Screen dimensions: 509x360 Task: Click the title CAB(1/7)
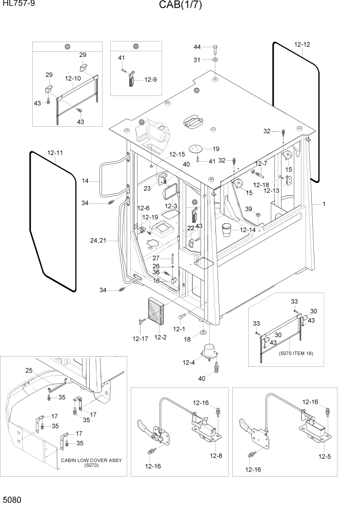click(x=179, y=6)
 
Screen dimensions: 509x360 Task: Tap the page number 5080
click(x=12, y=499)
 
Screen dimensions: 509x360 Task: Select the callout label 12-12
click(x=302, y=44)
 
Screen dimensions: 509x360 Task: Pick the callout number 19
click(x=215, y=149)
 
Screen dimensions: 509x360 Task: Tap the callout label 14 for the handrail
click(x=85, y=181)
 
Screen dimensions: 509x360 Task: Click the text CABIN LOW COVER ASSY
click(x=91, y=460)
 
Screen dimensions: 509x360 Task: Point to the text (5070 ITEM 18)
click(x=296, y=354)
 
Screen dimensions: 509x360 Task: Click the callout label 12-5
click(x=325, y=456)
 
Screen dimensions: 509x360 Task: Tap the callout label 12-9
click(x=150, y=80)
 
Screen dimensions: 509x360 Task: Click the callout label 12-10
click(x=73, y=79)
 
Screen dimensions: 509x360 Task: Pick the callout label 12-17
click(x=141, y=338)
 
